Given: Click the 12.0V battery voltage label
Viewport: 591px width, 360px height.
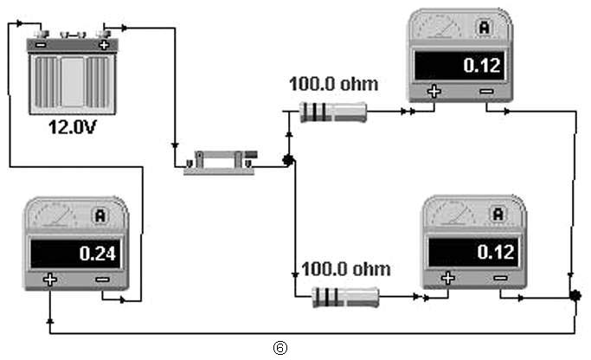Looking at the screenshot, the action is pos(73,127).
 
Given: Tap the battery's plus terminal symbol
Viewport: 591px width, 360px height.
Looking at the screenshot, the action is pos(104,45).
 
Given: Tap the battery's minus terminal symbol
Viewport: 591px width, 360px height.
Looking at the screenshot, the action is pos(41,45).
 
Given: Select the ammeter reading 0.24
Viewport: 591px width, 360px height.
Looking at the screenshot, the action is pos(97,254).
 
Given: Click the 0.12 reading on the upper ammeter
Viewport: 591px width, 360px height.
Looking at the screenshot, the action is pos(482,66).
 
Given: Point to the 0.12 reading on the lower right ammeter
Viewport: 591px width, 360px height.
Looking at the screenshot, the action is pos(496,252).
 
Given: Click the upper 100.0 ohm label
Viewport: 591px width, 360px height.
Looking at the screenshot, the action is pos(333,84).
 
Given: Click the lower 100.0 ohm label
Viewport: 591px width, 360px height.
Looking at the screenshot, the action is pos(346,269).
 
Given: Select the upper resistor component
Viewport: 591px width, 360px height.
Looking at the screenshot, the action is pos(333,112).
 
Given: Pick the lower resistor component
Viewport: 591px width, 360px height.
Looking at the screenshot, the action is pos(345,297).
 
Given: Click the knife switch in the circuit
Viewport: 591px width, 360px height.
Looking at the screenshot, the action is pos(221,163).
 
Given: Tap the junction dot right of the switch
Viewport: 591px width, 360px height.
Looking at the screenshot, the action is pos(289,160).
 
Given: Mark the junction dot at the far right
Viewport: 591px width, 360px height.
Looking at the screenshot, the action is pos(575,296).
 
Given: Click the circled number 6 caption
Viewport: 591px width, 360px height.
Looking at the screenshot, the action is pos(280,348).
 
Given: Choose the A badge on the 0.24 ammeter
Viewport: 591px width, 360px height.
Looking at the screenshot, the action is pos(100,215).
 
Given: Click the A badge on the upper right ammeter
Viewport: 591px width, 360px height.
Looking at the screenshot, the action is pos(485,27).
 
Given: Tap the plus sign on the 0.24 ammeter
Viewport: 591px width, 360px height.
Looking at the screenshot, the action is pos(49,280).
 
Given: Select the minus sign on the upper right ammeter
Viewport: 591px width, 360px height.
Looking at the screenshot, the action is pos(486,91).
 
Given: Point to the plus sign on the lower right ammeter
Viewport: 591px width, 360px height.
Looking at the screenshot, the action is pos(447,278).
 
